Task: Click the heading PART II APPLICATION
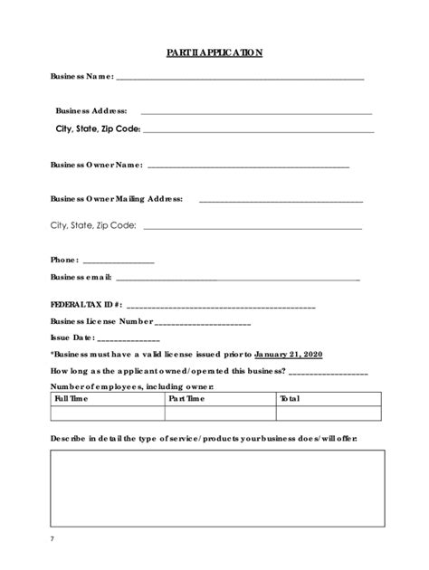pos(214,53)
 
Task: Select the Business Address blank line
pos(256,112)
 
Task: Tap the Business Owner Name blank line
pos(247,167)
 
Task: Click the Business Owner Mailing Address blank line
pos(281,200)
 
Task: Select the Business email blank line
pos(237,279)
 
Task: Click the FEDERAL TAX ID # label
pos(86,306)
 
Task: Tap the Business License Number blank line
pos(203,323)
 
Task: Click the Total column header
pos(290,398)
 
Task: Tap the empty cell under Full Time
pos(108,413)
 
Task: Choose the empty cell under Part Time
pos(220,413)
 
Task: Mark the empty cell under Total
pos(329,413)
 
